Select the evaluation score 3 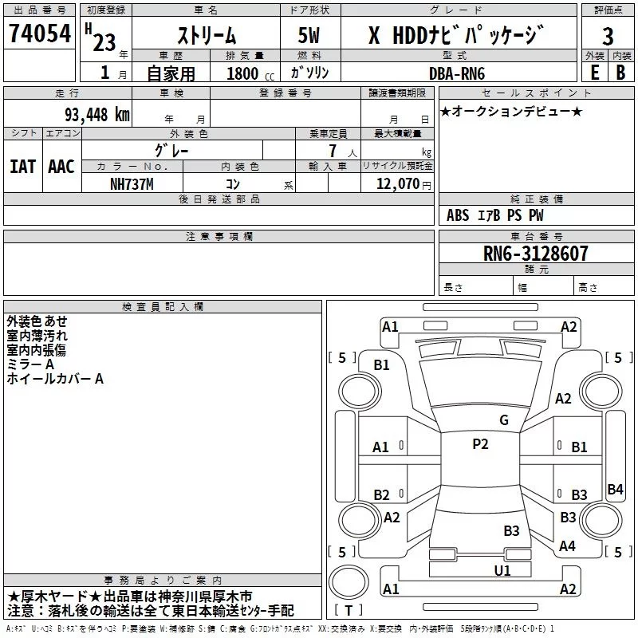coord(608,35)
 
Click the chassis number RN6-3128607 coord(536,254)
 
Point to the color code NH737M coord(132,183)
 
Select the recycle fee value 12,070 coord(397,183)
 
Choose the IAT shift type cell coord(22,167)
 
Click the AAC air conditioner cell coord(61,167)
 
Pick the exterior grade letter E coord(594,72)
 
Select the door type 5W coord(309,35)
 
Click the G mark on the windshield coord(503,420)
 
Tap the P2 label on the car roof coord(480,444)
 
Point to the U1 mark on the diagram coord(502,570)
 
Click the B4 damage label coord(615,490)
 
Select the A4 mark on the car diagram coord(567,546)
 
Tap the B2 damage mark coord(381,495)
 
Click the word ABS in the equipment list coord(458,215)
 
